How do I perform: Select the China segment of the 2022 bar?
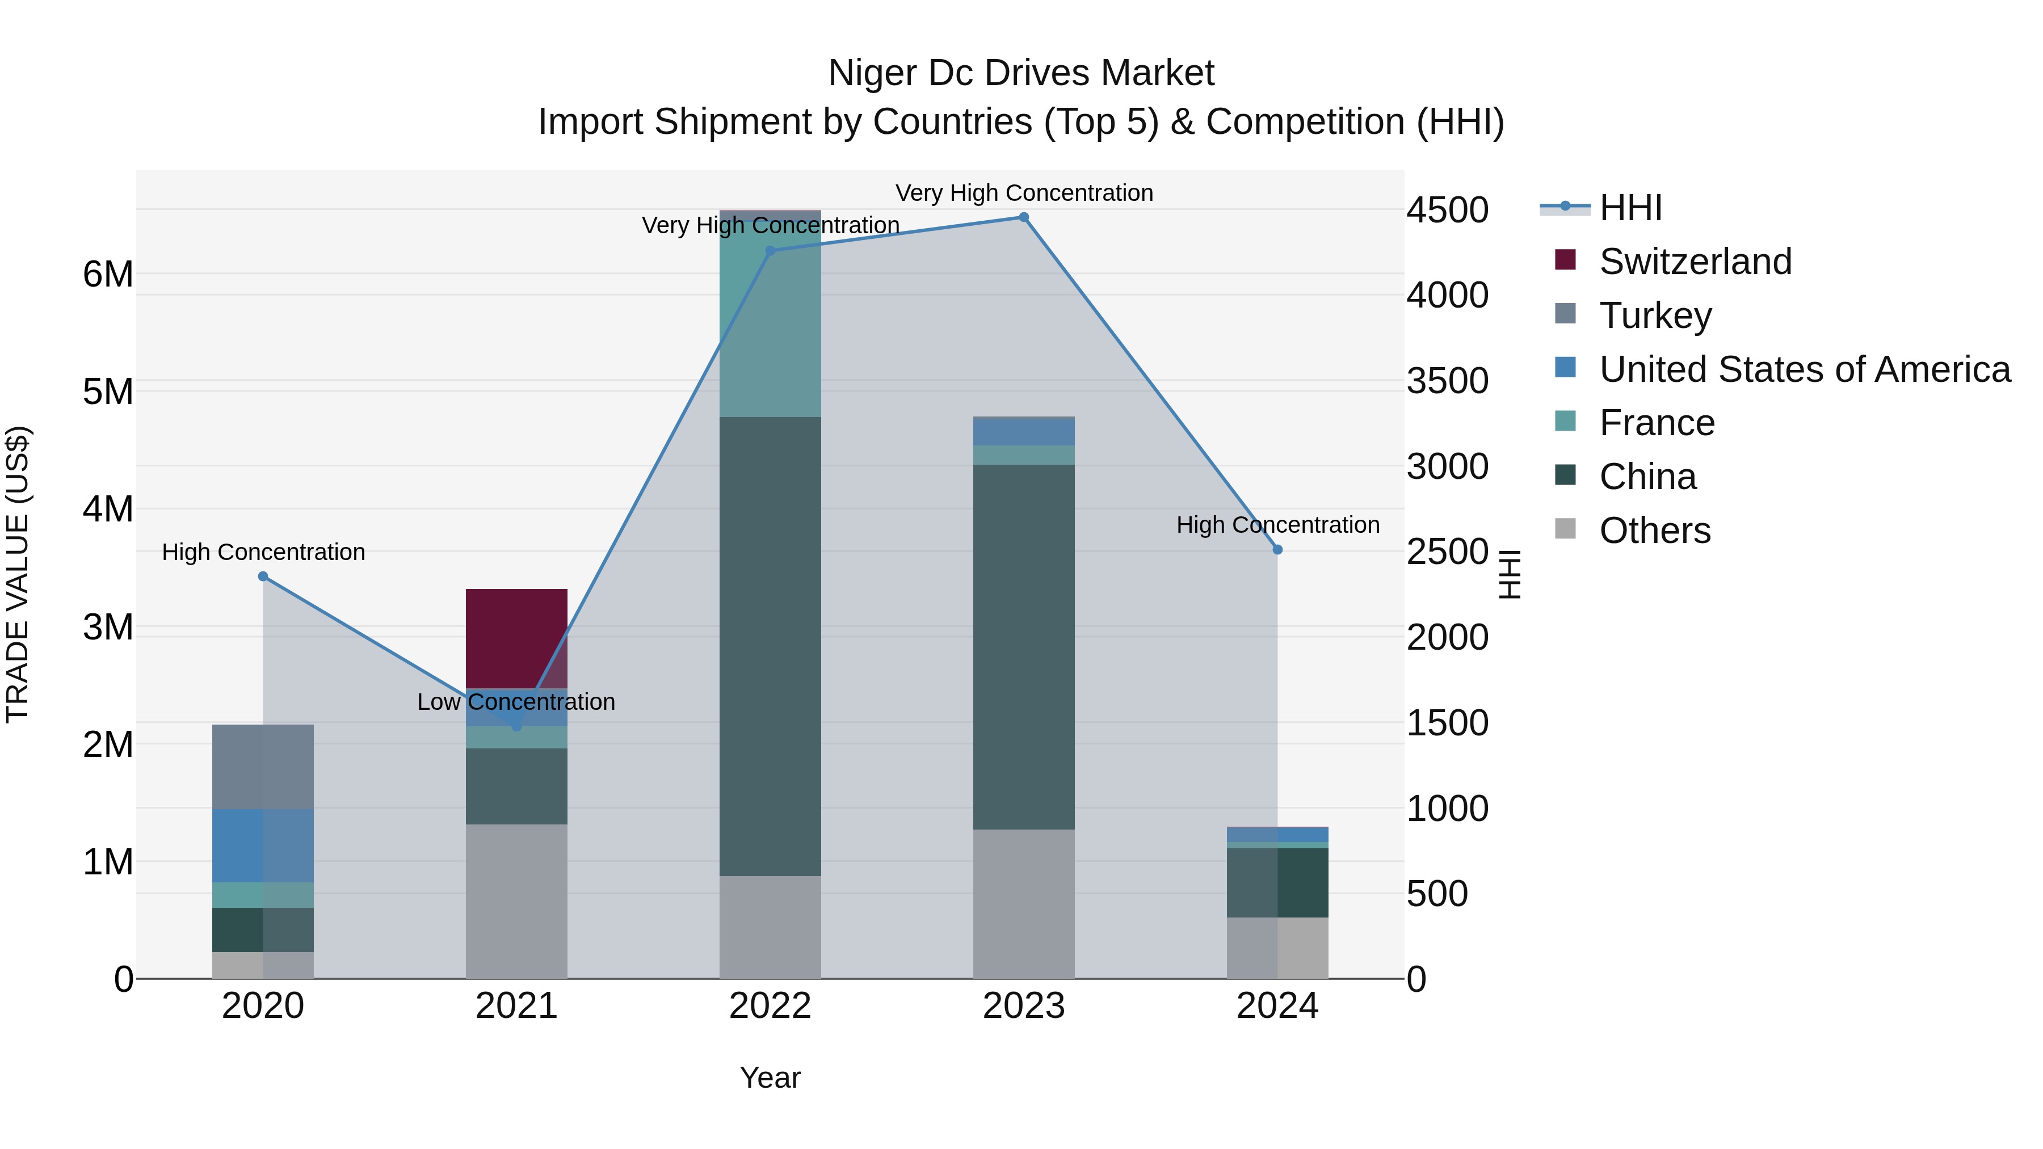click(770, 646)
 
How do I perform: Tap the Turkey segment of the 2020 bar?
click(263, 766)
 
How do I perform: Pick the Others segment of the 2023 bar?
click(1023, 904)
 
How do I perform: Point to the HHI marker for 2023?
click(1023, 217)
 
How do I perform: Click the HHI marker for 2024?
click(1277, 549)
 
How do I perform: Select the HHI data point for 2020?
click(263, 576)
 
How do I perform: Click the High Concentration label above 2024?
click(1277, 525)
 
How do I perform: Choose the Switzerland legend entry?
click(1694, 262)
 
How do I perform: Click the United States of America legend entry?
click(1804, 369)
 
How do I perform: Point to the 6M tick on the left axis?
click(108, 275)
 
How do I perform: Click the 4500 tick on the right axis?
click(1447, 210)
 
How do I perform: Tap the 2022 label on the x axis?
click(770, 1006)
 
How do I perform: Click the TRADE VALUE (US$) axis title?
click(18, 574)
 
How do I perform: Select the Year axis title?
click(770, 1078)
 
